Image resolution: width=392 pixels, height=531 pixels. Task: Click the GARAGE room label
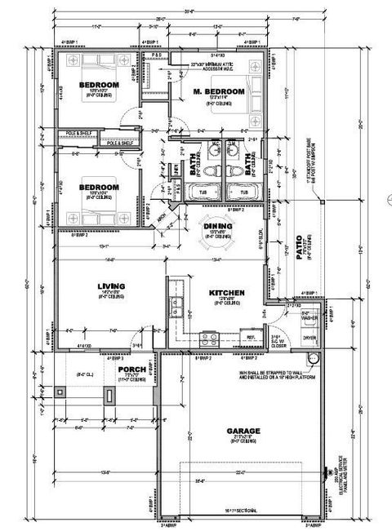(243, 430)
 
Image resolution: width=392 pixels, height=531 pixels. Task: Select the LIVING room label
(110, 285)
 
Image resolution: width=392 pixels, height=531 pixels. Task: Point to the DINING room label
(218, 226)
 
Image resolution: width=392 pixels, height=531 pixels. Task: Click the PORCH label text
(131, 369)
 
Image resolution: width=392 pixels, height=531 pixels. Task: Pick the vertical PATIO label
(299, 247)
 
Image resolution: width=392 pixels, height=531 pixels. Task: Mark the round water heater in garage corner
(311, 360)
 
